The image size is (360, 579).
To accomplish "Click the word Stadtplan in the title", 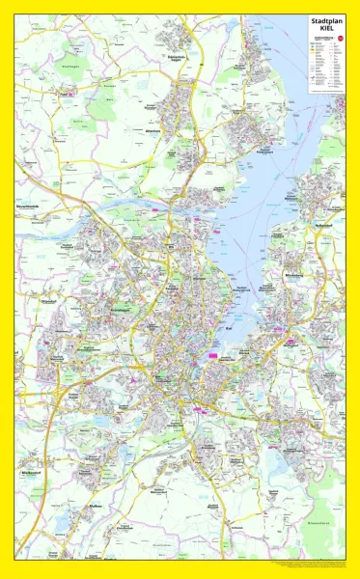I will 325,20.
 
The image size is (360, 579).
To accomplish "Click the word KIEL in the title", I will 325,29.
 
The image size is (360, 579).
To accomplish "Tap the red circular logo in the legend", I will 340,38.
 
